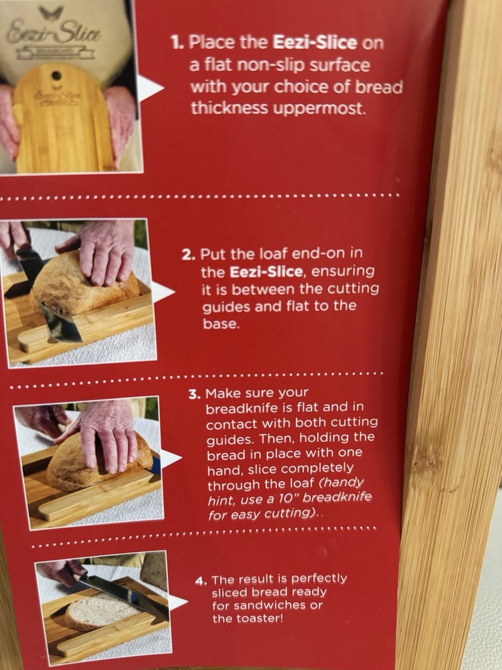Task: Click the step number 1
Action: click(177, 43)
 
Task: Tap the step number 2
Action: click(189, 255)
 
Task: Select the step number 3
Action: click(195, 394)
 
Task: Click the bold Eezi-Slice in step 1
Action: click(315, 42)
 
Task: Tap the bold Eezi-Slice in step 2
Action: click(266, 272)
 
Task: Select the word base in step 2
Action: click(221, 324)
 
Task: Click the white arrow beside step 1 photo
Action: click(150, 88)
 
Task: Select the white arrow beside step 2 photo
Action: click(163, 292)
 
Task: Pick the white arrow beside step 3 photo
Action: click(171, 459)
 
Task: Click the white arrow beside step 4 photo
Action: click(177, 602)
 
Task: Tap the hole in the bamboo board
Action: click(56, 76)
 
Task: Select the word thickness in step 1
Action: click(229, 108)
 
